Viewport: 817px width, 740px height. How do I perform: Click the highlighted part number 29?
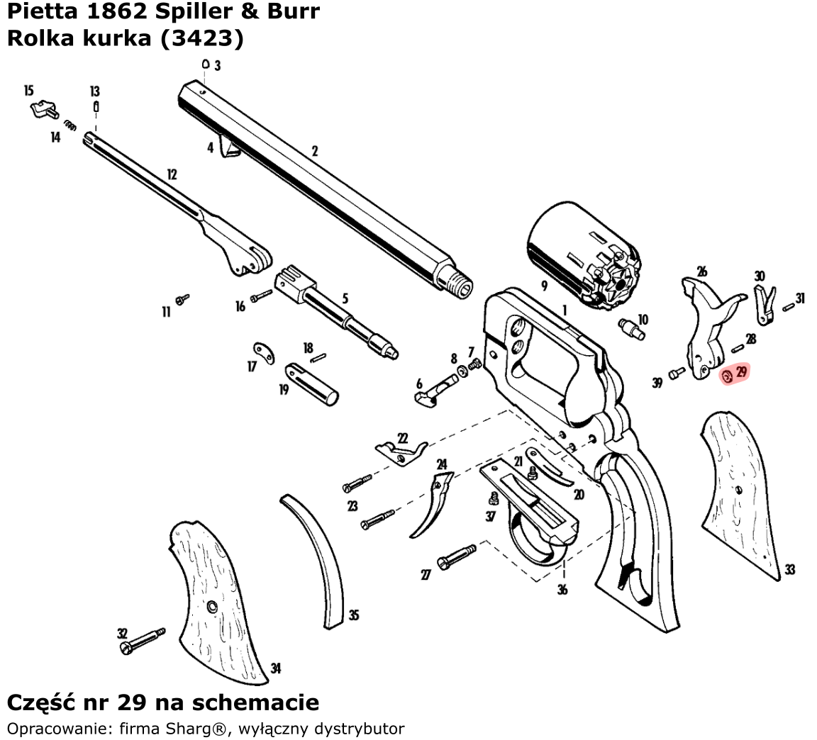[741, 371]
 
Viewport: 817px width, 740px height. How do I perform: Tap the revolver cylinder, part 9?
[584, 255]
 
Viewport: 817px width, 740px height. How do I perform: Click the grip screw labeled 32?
[143, 641]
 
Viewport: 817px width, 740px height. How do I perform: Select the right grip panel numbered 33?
[740, 495]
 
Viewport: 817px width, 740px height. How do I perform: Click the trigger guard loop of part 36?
[537, 539]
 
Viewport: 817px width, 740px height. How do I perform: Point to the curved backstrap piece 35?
[315, 561]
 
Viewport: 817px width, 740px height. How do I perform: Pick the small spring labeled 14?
[70, 125]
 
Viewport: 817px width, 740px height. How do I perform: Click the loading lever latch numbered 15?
[44, 110]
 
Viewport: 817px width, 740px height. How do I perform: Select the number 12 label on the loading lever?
[172, 174]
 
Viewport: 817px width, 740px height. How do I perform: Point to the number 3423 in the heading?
[201, 38]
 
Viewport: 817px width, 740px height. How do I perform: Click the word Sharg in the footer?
[184, 728]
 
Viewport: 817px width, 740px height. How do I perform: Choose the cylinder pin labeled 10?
[632, 329]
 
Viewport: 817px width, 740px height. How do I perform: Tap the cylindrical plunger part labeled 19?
[311, 383]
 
